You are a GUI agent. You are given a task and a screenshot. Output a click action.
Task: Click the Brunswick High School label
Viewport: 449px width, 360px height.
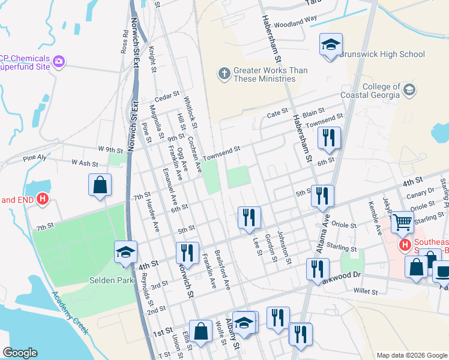(382, 55)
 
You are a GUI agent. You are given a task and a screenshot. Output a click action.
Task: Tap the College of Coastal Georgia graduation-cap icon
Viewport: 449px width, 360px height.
(409, 90)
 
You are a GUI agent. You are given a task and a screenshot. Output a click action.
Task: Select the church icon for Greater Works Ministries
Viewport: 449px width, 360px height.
(224, 74)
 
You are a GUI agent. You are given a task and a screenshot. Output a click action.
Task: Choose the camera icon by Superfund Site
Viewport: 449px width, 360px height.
(59, 61)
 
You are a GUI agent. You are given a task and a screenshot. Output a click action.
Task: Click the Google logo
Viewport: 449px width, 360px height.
(20, 353)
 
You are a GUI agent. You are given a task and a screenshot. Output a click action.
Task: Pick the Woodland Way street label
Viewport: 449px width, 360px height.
(295, 22)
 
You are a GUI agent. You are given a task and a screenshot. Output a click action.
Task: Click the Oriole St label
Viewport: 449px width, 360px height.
(345, 225)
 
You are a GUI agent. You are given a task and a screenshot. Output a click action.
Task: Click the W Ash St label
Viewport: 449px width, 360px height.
(85, 163)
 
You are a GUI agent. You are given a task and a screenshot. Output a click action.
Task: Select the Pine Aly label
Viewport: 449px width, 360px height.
(34, 158)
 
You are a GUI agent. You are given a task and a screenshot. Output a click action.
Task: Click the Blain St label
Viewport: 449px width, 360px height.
(313, 112)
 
